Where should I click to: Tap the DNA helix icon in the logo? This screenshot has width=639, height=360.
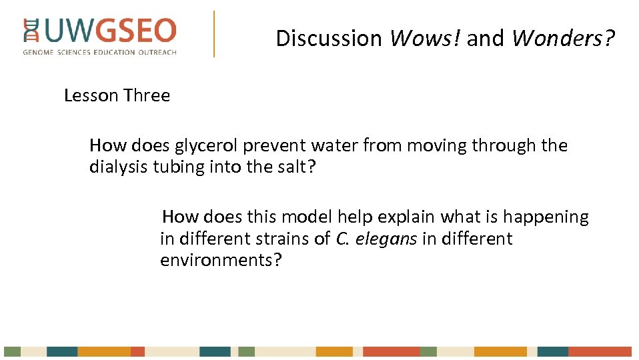[31, 31]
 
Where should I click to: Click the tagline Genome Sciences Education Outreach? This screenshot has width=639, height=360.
[100, 52]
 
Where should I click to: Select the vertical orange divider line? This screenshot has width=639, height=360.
[214, 33]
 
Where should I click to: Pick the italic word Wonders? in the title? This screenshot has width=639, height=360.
[563, 39]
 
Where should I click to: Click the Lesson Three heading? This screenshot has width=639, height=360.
[117, 96]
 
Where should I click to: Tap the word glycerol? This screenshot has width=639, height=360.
[206, 146]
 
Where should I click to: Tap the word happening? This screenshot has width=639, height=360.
[546, 218]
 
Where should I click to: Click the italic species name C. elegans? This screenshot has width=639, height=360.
[377, 239]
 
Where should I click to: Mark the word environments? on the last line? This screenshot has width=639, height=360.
[221, 260]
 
